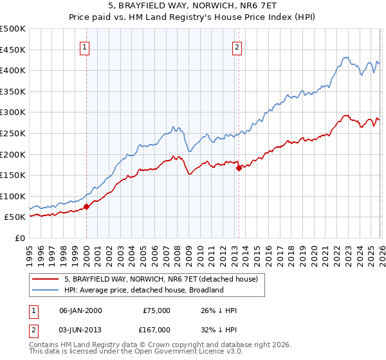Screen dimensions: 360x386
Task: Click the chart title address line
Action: click(193, 6)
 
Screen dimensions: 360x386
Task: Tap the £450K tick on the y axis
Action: click(13, 50)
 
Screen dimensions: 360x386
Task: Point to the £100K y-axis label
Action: click(13, 196)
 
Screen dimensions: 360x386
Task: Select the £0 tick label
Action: click(19, 238)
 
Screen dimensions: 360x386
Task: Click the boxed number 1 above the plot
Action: click(86, 46)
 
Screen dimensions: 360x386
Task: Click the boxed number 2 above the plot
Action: click(237, 46)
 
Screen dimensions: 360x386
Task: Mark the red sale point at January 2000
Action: click(86, 207)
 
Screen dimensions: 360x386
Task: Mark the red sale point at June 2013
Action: click(239, 168)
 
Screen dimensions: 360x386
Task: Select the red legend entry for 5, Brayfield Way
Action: click(161, 280)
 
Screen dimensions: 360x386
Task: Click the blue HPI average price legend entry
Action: click(143, 290)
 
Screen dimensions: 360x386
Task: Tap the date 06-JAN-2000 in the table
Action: click(80, 310)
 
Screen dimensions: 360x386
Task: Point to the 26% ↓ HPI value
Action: click(219, 310)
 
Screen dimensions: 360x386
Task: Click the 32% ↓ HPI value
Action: click(219, 330)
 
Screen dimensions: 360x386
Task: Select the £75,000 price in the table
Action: click(156, 310)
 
